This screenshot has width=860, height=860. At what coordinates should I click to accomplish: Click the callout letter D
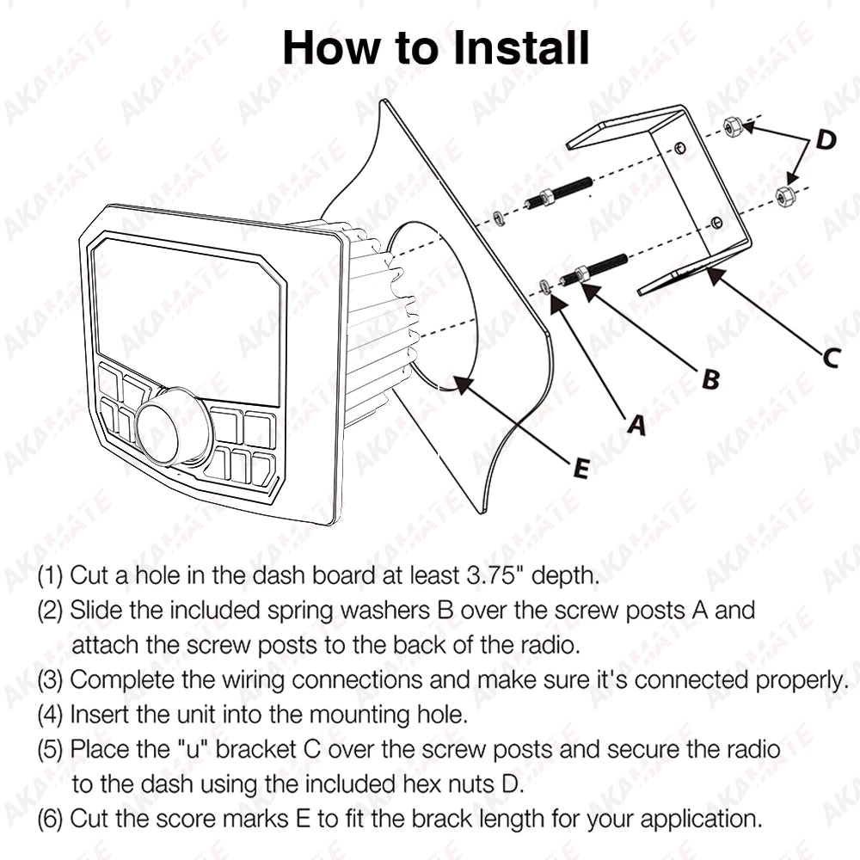pos(826,140)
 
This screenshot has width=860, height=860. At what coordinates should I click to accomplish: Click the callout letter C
pos(829,356)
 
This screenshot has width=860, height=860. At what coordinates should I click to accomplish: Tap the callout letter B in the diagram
pos(710,379)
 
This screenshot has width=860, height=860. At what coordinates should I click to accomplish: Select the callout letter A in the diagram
pos(635,424)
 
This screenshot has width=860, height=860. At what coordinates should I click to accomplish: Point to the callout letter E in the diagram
pos(580,468)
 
